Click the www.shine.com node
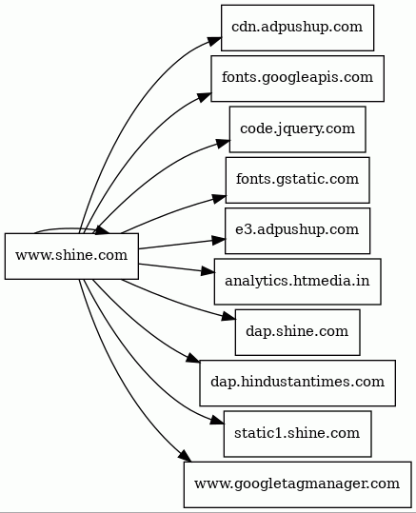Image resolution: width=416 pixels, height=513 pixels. (x=71, y=256)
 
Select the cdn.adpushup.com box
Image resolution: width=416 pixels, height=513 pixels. (x=297, y=28)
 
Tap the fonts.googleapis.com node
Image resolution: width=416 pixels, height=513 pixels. (x=297, y=78)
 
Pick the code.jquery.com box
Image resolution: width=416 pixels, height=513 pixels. (x=297, y=129)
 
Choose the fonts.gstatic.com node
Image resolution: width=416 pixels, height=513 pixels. (x=297, y=180)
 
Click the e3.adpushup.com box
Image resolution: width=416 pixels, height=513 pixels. (x=297, y=230)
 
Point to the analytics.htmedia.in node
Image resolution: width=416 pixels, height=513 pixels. (x=297, y=282)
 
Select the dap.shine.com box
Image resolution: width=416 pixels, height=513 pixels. (x=297, y=332)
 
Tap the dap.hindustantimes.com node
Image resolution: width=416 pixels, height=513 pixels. (x=297, y=384)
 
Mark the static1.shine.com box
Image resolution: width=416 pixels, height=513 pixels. (x=297, y=434)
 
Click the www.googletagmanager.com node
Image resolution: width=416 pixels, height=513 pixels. (x=297, y=484)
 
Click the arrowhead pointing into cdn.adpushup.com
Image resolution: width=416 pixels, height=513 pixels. (x=214, y=42)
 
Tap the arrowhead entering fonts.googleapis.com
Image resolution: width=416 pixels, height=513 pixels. (x=204, y=97)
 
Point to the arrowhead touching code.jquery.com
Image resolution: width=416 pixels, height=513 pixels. (x=223, y=144)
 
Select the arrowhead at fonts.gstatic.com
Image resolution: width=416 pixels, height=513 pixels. (x=219, y=198)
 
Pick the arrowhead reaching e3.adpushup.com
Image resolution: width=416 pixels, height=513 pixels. (x=218, y=240)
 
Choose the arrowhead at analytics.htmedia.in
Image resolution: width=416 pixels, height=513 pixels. (x=208, y=271)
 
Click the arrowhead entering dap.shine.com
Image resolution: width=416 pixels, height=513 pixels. (x=228, y=317)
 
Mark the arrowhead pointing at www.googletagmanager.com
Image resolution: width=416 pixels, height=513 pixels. (x=185, y=456)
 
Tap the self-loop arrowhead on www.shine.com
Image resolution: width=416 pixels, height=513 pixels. (x=103, y=230)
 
